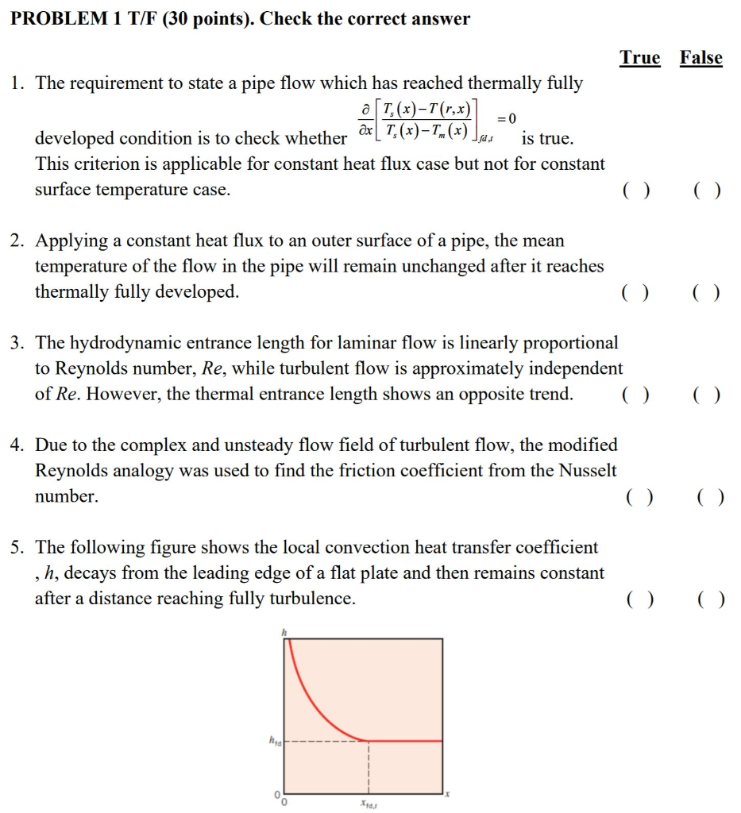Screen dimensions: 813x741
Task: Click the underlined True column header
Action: (639, 58)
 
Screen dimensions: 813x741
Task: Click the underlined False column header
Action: (700, 58)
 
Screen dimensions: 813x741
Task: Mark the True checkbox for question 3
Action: (636, 395)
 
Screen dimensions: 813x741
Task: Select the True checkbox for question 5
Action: (639, 599)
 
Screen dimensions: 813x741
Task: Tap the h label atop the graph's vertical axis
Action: (282, 632)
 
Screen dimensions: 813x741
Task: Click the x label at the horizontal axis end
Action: (447, 792)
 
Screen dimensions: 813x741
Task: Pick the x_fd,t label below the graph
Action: (369, 804)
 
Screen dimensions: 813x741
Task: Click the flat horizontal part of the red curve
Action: (405, 741)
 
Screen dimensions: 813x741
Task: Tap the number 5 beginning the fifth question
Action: (17, 547)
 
